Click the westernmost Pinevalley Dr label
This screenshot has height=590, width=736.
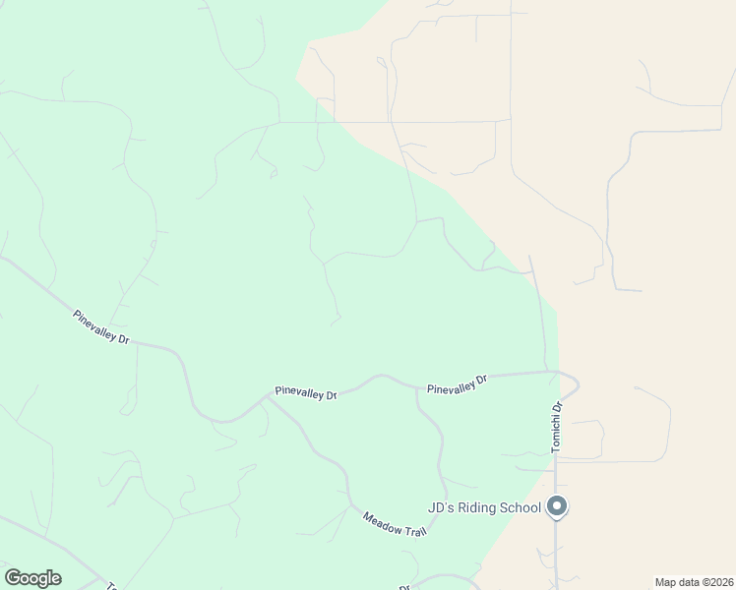(101, 327)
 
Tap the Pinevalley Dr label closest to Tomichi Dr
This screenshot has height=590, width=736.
(457, 383)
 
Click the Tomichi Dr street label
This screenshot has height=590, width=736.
(556, 427)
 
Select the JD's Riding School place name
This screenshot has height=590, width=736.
(484, 507)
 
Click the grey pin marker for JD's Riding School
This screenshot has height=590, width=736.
(557, 507)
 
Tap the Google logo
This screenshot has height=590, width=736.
(32, 578)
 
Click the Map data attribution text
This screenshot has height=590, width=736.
(694, 581)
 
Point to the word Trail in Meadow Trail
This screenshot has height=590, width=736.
(415, 530)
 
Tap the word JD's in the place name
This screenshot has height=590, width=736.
(438, 507)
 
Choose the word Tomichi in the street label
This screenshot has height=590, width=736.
(556, 434)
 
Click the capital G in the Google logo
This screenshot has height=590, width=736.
(13, 578)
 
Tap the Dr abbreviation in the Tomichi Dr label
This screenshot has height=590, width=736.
(556, 407)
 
